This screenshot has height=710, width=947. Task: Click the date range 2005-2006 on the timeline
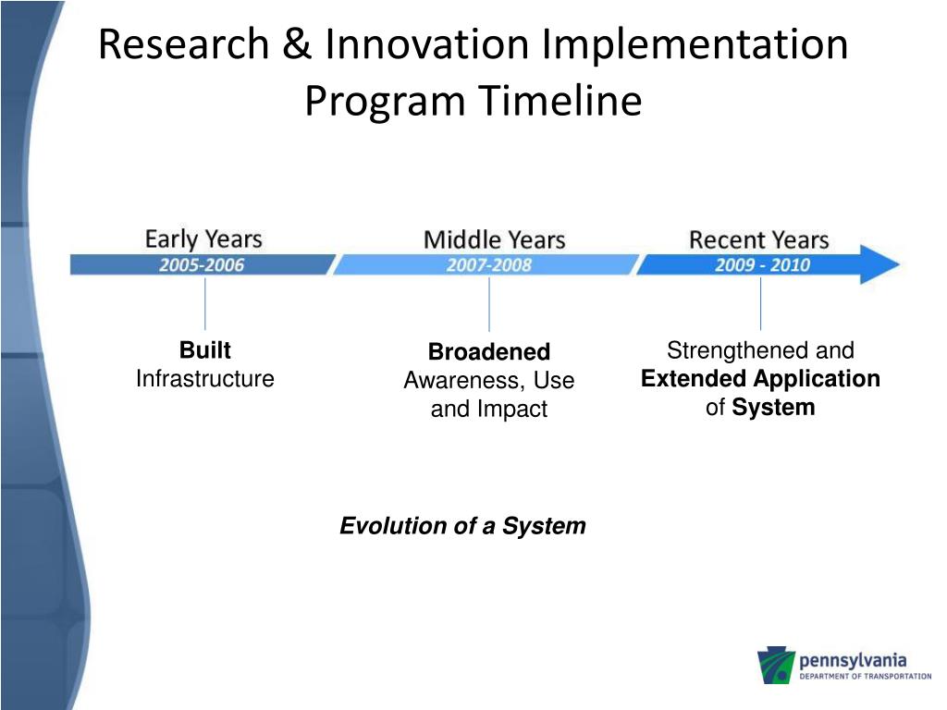[202, 265]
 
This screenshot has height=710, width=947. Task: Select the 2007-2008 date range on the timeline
[489, 265]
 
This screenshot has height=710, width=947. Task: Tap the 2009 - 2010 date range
[762, 265]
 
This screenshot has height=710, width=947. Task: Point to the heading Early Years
[203, 239]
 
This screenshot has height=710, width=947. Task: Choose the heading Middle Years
[495, 239]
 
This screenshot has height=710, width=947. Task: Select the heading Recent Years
[759, 239]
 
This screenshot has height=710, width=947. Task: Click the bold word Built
[205, 350]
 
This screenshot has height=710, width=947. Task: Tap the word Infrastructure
[205, 378]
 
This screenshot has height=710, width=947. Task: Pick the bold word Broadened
[489, 351]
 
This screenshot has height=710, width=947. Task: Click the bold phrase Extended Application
[760, 378]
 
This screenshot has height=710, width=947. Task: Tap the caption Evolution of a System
[462, 526]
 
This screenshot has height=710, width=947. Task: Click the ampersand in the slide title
[297, 43]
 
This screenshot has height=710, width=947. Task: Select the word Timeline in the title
[560, 100]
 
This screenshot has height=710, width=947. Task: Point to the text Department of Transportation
[866, 676]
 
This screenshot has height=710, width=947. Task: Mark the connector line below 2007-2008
[489, 303]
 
